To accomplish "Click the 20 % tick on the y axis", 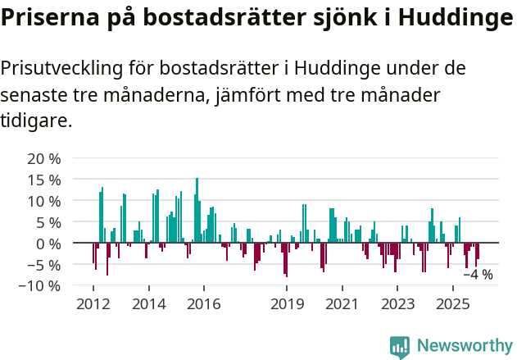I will point(44,158).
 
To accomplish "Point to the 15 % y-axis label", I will point(44,180).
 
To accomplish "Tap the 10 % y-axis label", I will point(44,201).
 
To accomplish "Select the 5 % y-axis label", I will point(48,222).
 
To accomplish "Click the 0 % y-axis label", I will point(48,244).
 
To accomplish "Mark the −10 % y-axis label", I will point(40,286).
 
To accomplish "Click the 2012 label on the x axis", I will point(93,304).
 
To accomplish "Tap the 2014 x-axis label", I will point(148,304).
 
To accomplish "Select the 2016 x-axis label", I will point(204,304).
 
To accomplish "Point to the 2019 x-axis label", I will point(287,304).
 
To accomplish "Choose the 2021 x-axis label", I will point(342,304).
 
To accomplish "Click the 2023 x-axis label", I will point(398,304).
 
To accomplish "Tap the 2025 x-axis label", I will point(453,304).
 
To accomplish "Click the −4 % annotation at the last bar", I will point(478,275).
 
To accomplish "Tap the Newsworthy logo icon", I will point(400,347).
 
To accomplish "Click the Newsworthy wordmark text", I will point(465,347).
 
